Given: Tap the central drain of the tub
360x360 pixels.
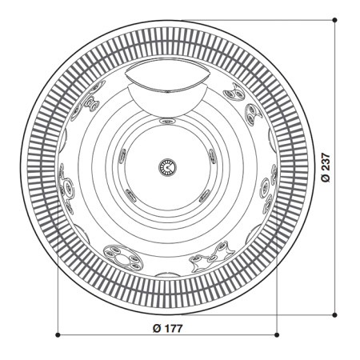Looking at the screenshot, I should pyautogui.click(x=168, y=166).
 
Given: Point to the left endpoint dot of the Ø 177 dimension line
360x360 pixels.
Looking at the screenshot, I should pyautogui.click(x=59, y=334).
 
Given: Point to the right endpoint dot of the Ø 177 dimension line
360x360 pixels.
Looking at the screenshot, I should pyautogui.click(x=276, y=334).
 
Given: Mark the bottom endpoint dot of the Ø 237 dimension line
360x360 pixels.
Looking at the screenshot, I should pyautogui.click(x=334, y=314).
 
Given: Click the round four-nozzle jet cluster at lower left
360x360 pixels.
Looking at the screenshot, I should pyautogui.click(x=123, y=255).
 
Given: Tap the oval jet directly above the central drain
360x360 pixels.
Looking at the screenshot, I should pyautogui.click(x=168, y=122).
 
